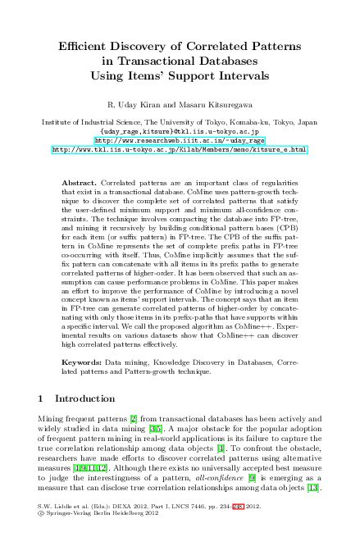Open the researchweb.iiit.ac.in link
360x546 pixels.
(x=180, y=140)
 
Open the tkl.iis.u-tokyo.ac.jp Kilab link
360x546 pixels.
(x=180, y=150)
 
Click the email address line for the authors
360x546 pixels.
(x=180, y=131)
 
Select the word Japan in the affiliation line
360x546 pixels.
(x=307, y=122)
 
